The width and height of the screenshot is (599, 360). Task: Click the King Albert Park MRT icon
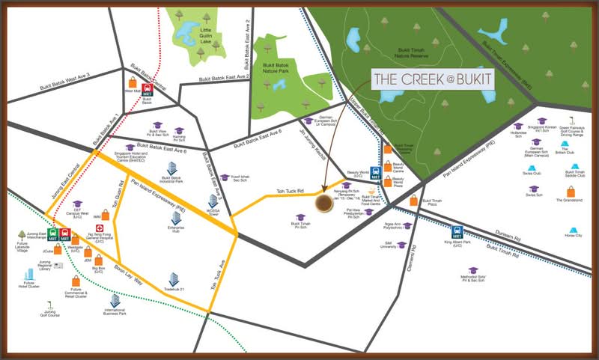point(457,232)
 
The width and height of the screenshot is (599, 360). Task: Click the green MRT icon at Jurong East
point(53,234)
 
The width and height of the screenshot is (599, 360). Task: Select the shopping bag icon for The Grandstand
point(571,191)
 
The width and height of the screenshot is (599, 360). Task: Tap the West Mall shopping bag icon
point(132,82)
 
